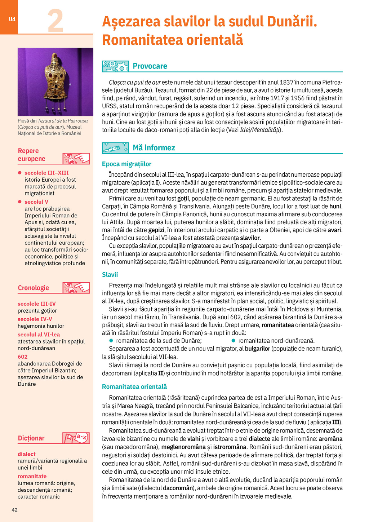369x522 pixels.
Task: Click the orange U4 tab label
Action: coord(12,19)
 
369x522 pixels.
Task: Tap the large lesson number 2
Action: coord(55,21)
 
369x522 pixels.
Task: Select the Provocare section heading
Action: coord(150,66)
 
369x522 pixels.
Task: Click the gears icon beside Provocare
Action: coord(115,66)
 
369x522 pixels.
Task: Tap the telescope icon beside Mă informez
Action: coord(115,148)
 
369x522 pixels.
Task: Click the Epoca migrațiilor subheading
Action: coord(126,164)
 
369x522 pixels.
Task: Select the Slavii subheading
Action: coord(110,275)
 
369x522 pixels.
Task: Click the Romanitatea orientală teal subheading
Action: coord(134,387)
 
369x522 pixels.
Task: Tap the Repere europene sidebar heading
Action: coord(31,155)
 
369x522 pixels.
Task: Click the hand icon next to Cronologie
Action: coord(76,288)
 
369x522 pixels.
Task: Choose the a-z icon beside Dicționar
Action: coord(76,438)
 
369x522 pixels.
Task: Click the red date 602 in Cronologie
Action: coord(23,357)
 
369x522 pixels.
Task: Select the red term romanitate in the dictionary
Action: coord(32,476)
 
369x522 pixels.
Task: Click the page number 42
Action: coord(14,510)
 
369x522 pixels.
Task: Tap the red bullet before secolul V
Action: coord(20,202)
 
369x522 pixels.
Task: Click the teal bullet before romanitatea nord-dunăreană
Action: coord(234,341)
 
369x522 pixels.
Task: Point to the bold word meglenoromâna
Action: coord(186,447)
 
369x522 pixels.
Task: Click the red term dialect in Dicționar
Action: coord(27,454)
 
